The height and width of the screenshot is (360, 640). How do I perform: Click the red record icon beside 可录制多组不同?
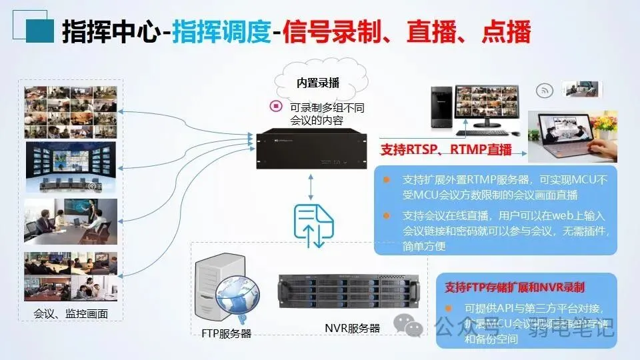point(275,105)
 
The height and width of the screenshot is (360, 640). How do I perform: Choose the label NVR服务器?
point(352,327)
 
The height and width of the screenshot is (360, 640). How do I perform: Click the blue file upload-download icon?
point(311,224)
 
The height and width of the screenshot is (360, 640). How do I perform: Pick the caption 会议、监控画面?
point(71,313)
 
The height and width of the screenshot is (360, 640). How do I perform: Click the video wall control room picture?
point(71,167)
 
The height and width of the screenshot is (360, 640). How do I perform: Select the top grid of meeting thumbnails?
point(71,111)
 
